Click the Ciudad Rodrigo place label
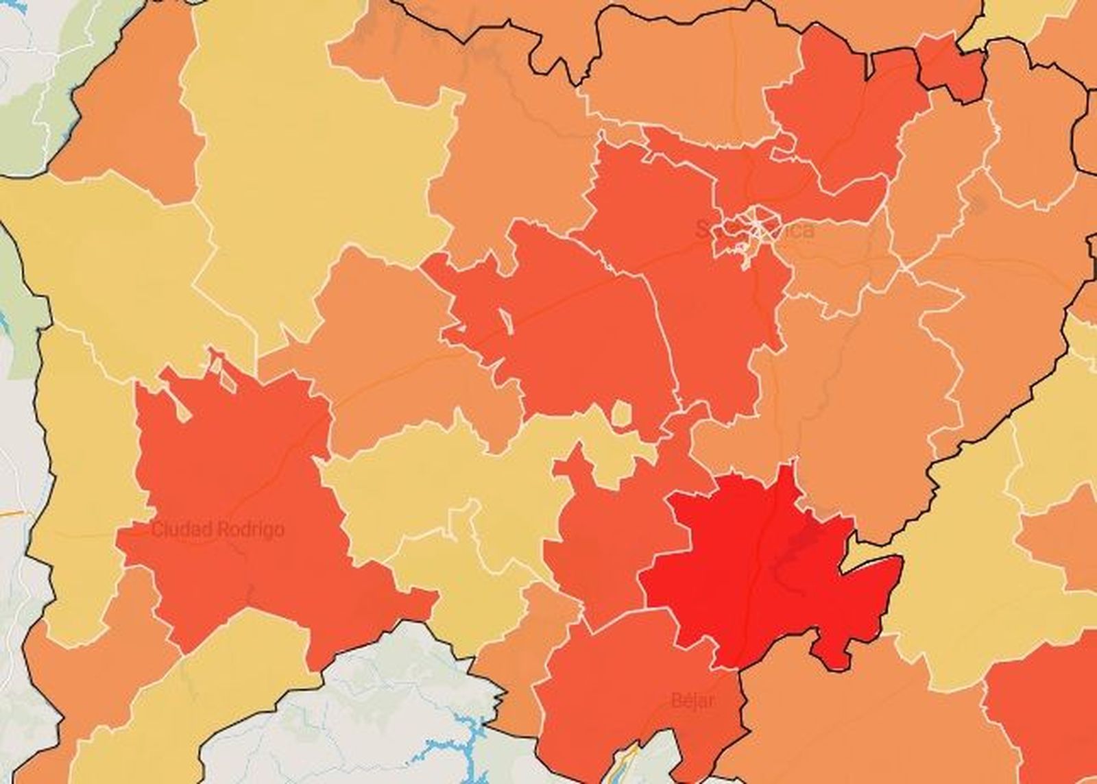coord(217,530)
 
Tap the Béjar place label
coord(692,700)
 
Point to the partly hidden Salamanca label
coord(754,229)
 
